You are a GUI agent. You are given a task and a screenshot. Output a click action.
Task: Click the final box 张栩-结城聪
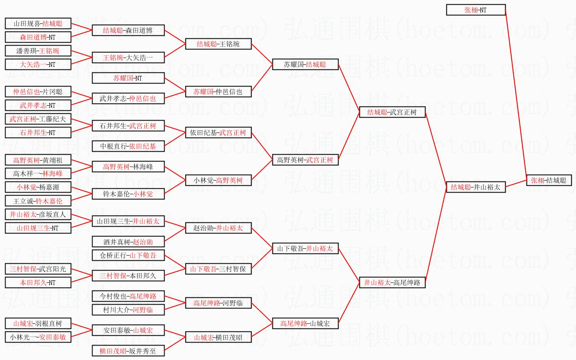point(548,180)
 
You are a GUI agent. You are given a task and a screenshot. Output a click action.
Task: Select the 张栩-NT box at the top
point(476,10)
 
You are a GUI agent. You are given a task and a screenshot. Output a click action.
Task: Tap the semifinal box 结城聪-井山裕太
point(476,187)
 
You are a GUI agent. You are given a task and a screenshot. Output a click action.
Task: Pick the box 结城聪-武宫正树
point(392,112)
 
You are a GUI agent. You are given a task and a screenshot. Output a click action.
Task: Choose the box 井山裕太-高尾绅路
point(392,282)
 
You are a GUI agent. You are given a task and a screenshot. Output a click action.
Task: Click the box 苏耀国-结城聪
point(305,64)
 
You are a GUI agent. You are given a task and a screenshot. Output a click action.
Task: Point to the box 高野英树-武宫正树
point(305,160)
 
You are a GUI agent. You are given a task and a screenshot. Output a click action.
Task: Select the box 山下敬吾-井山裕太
point(305,248)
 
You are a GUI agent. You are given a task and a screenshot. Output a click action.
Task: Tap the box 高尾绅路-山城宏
point(305,323)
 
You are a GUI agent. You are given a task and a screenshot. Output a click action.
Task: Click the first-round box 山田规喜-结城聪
point(38,23)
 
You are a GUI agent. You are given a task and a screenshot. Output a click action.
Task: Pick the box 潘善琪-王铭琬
point(38,51)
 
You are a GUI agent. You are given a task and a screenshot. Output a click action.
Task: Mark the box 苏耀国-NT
point(128,78)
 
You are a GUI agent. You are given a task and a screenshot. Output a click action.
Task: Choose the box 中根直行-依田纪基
point(128,146)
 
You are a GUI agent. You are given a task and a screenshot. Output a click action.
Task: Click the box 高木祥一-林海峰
point(38,173)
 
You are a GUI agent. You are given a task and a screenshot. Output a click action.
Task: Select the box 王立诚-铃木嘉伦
point(38,201)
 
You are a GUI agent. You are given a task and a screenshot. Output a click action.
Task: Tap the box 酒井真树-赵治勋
point(128,242)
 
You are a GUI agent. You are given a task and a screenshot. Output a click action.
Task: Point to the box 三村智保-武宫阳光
point(38,269)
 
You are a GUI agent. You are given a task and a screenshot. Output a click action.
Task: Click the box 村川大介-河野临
point(128,310)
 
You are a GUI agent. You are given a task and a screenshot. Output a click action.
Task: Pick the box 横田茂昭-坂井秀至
point(128,351)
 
